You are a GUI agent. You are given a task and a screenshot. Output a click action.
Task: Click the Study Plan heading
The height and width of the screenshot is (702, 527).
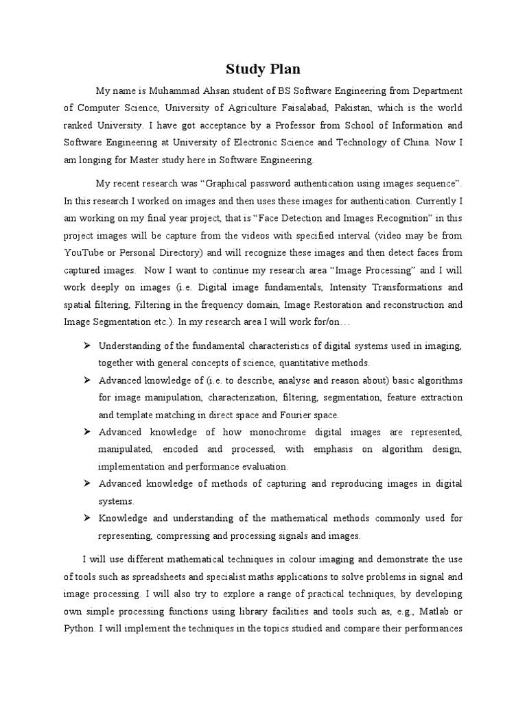point(263,69)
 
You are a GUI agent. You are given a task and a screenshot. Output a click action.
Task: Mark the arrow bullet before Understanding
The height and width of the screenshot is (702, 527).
point(87,345)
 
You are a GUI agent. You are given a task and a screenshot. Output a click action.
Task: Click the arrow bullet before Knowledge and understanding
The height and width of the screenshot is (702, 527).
point(87,518)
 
